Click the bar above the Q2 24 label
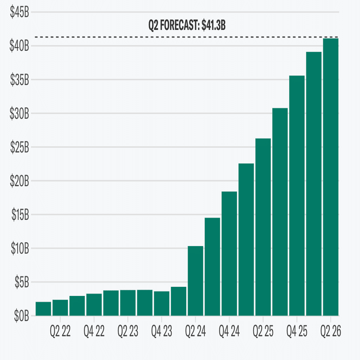click(x=195, y=280)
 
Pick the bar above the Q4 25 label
click(x=297, y=195)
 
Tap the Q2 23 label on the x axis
click(x=128, y=331)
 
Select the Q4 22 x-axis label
click(x=94, y=331)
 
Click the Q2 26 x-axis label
click(x=331, y=331)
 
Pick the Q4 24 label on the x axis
click(x=229, y=331)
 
